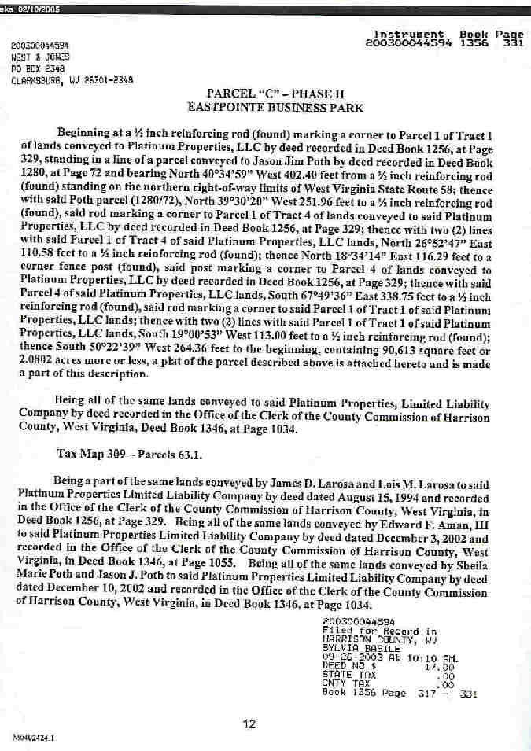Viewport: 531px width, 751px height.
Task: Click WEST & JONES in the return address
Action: click(x=40, y=57)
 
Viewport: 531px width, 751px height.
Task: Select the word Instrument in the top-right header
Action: click(x=407, y=35)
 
